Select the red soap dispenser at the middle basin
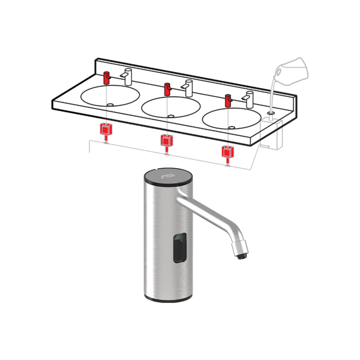[x=168, y=89]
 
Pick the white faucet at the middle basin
[x=188, y=87]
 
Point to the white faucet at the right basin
[x=249, y=99]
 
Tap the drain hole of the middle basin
[x=171, y=116]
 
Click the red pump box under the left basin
[x=106, y=129]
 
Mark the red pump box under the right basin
[x=227, y=152]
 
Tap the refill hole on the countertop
[x=271, y=111]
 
